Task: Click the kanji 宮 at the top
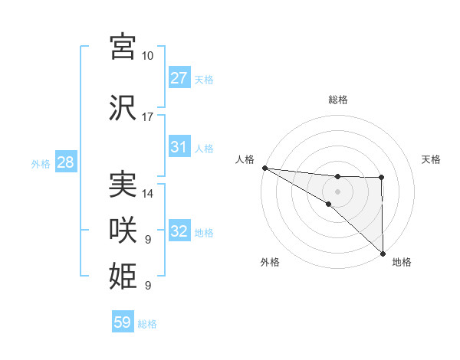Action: [x=123, y=47]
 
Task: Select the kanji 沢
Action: [x=123, y=109]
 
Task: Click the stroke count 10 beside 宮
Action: [x=148, y=56]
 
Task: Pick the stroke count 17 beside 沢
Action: [x=148, y=117]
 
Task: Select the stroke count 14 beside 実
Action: [x=148, y=194]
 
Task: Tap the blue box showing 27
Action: [x=179, y=78]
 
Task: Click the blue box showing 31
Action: [x=179, y=147]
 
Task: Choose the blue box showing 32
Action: [x=179, y=231]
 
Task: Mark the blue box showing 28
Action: [x=65, y=162]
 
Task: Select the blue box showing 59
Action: [x=122, y=322]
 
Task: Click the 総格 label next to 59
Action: [x=147, y=324]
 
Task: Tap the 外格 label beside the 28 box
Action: [x=40, y=163]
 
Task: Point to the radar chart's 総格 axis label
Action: [x=338, y=100]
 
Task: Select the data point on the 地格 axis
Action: [x=382, y=254]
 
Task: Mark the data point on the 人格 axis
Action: [x=264, y=168]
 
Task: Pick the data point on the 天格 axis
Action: [x=381, y=178]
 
